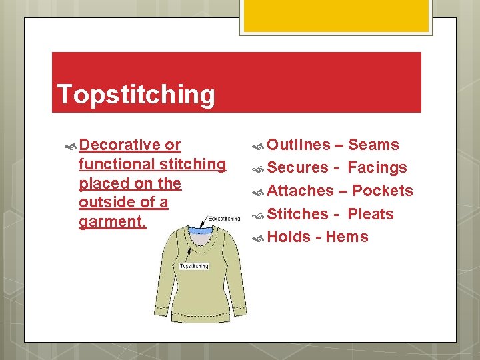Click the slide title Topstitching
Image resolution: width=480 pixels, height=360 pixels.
click(x=136, y=95)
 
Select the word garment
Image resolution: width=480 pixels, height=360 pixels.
click(x=111, y=221)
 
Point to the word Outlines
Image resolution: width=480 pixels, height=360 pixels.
click(x=299, y=145)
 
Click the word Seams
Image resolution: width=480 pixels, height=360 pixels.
click(x=373, y=145)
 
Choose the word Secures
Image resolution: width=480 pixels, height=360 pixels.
click(x=298, y=168)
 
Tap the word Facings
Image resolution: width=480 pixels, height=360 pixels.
click(x=377, y=168)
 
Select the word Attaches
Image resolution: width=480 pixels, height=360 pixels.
click(x=300, y=191)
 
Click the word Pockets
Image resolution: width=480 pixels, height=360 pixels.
click(x=383, y=191)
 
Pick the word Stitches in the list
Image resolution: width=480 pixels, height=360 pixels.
click(x=298, y=214)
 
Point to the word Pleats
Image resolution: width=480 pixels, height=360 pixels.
click(x=371, y=214)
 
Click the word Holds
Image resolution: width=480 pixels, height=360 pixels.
click(x=289, y=237)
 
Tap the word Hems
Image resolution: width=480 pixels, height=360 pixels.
click(x=347, y=237)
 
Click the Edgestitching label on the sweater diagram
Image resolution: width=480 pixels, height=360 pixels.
click(x=225, y=218)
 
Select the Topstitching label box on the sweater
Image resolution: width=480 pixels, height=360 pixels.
click(x=195, y=266)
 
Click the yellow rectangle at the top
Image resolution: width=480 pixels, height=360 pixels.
click(x=335, y=15)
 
